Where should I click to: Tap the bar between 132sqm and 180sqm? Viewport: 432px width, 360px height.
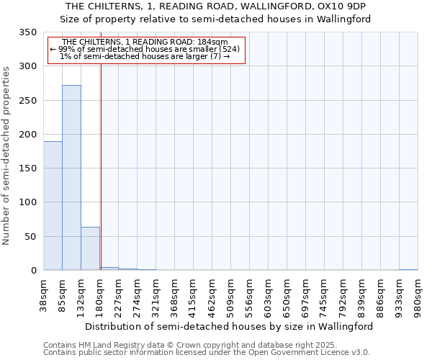[90, 248]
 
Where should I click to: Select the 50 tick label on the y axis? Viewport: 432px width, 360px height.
[30, 236]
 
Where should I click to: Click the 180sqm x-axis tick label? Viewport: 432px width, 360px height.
[100, 296]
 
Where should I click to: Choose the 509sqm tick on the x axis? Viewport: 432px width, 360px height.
[230, 296]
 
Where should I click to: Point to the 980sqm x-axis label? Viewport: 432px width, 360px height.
[418, 296]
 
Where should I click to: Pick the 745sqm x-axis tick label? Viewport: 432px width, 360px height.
[324, 296]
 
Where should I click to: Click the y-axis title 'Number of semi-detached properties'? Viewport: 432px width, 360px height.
[7, 156]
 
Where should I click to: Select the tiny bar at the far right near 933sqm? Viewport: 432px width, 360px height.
[408, 269]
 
